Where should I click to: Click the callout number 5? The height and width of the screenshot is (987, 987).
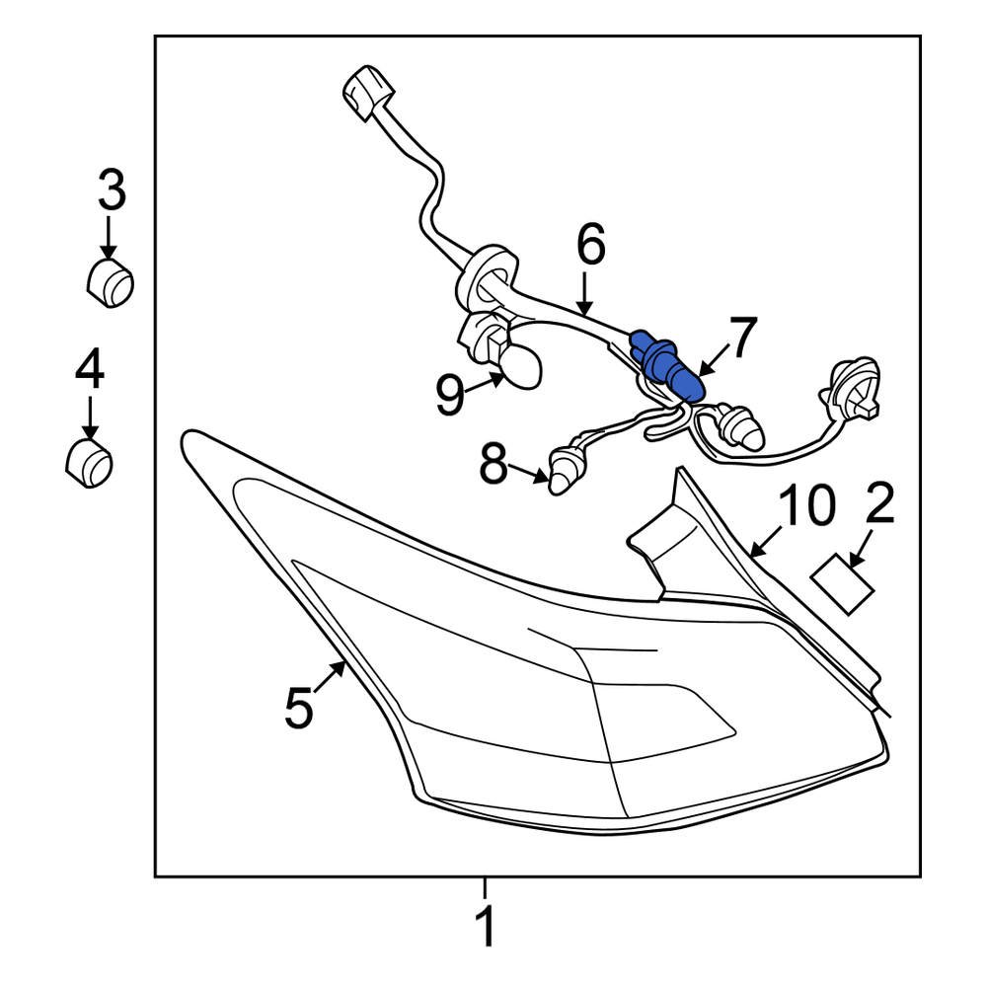tap(299, 708)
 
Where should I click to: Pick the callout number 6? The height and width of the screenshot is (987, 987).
tap(590, 245)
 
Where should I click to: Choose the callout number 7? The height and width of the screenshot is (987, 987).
tap(741, 338)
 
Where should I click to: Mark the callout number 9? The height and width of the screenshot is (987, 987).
tap(450, 395)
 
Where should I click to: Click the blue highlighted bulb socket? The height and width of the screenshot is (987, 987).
tap(667, 365)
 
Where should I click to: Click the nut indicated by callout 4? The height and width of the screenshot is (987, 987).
tap(89, 465)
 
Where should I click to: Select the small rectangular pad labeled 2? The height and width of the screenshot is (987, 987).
tap(843, 584)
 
